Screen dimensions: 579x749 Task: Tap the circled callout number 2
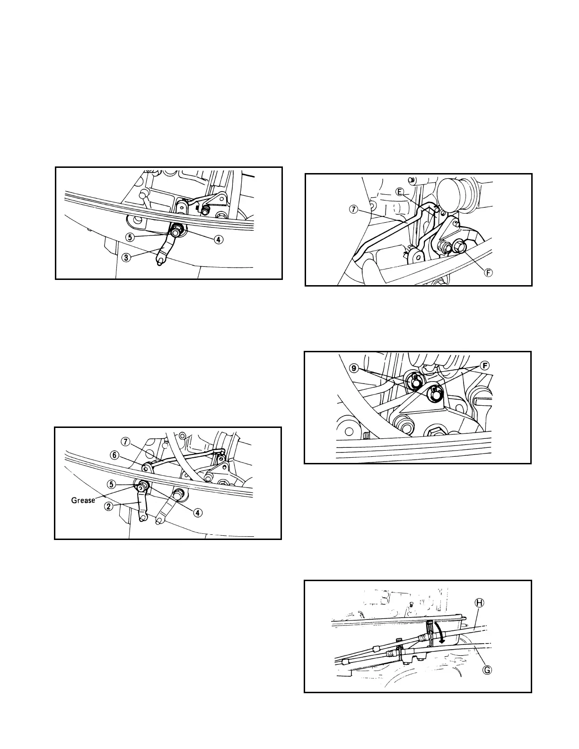click(109, 506)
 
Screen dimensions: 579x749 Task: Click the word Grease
click(83, 500)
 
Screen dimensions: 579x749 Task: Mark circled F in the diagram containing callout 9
click(483, 366)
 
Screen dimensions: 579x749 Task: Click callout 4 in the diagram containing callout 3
click(218, 239)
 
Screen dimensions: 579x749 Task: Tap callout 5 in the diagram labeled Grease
click(111, 484)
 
